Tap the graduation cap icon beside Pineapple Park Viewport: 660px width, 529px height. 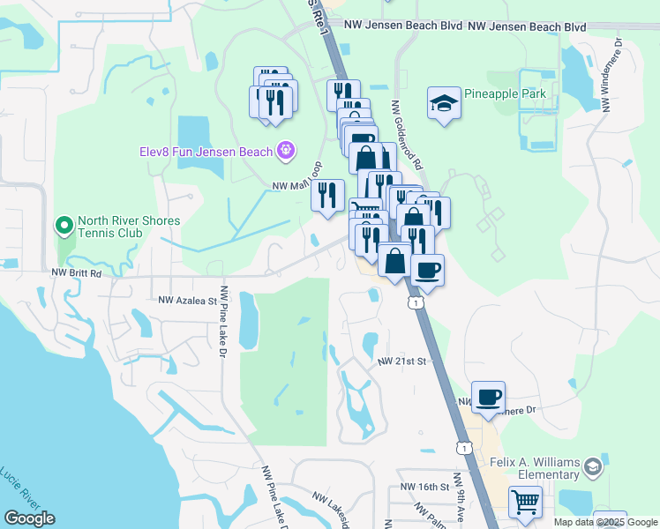click(x=444, y=102)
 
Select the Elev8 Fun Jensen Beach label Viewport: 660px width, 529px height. click(x=206, y=152)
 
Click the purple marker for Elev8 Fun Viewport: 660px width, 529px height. click(x=285, y=152)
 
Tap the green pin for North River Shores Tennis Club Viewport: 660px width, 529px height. click(x=64, y=227)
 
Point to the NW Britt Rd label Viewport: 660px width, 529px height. click(x=77, y=273)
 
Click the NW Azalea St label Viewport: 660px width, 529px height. click(x=187, y=301)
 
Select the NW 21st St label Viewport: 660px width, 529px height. click(x=401, y=361)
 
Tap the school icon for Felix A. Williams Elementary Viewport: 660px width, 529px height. click(x=593, y=467)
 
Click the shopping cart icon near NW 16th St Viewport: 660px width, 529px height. click(x=525, y=502)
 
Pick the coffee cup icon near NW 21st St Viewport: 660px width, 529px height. click(x=488, y=396)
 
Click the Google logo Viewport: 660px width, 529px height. click(x=29, y=518)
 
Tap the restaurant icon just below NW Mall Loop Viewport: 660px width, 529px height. click(x=328, y=195)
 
